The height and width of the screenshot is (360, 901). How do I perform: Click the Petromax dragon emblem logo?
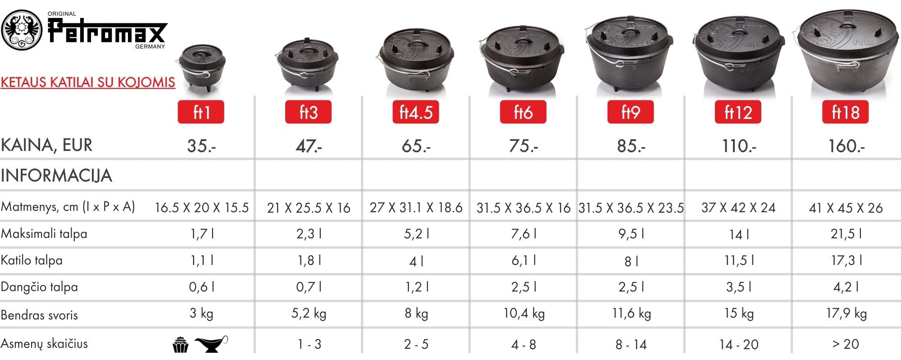(22, 30)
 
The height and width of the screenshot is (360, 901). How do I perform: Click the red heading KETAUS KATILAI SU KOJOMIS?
(88, 82)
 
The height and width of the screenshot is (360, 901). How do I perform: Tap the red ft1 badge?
(201, 112)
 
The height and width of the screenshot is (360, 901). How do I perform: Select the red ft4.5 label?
(416, 112)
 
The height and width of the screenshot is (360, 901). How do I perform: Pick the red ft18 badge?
(846, 112)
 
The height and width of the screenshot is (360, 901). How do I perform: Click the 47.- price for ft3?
(309, 146)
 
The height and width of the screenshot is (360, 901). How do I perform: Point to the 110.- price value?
(739, 146)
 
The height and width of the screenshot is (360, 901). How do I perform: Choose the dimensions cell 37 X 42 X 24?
(738, 208)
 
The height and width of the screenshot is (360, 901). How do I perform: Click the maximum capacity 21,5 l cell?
(846, 234)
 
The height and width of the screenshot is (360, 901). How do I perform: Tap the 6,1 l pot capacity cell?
(523, 260)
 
